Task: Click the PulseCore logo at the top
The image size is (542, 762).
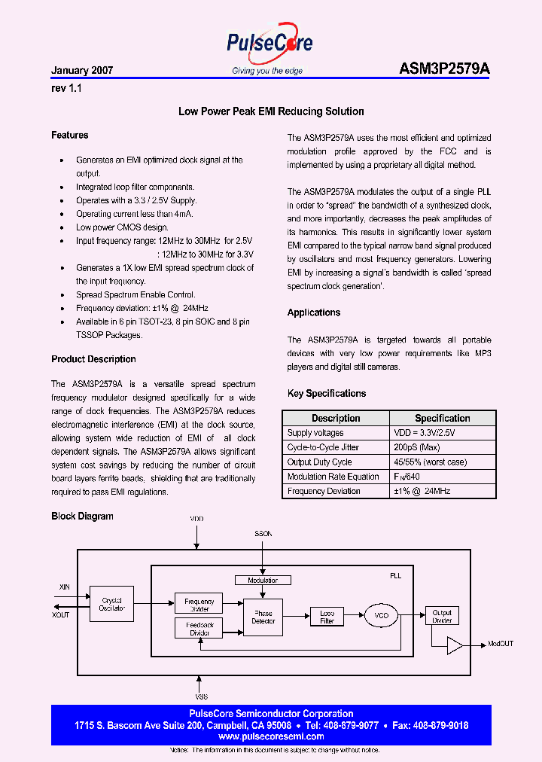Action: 269,44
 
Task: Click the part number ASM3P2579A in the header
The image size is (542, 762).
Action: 444,69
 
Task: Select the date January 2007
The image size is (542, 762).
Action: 82,70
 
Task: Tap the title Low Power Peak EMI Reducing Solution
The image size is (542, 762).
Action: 271,111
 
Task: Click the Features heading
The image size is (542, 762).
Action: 70,136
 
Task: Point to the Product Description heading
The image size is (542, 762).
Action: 93,359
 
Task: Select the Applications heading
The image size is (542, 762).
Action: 314,312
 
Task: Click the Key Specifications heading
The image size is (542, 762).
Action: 327,393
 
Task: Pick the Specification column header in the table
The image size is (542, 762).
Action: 442,418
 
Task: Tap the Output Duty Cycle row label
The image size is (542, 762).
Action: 320,462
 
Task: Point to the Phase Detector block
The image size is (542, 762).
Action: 263,617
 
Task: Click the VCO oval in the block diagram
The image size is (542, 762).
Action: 382,616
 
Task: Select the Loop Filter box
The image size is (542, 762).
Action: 327,617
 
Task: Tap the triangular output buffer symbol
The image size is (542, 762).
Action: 455,645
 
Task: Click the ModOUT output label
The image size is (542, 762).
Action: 501,645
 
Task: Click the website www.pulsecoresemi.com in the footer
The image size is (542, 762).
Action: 271,736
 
